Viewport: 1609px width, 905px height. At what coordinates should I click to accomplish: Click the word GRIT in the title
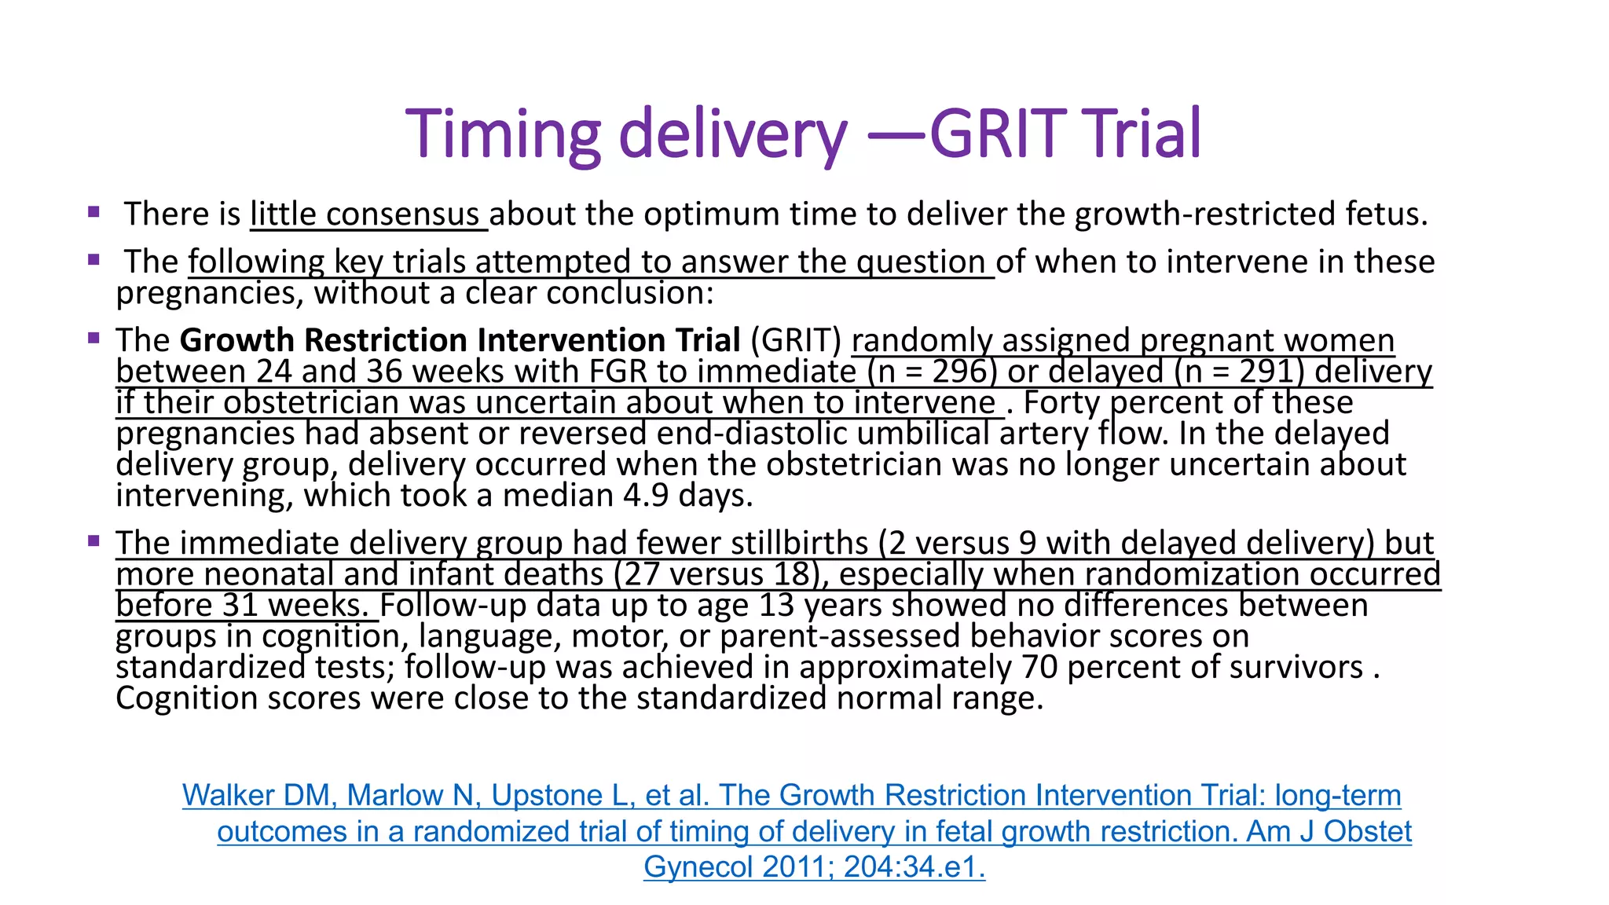pyautogui.click(x=995, y=133)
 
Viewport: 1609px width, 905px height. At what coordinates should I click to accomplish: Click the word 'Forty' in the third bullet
pyautogui.click(x=1061, y=403)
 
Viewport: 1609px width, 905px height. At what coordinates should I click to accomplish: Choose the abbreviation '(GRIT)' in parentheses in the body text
pyautogui.click(x=796, y=340)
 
